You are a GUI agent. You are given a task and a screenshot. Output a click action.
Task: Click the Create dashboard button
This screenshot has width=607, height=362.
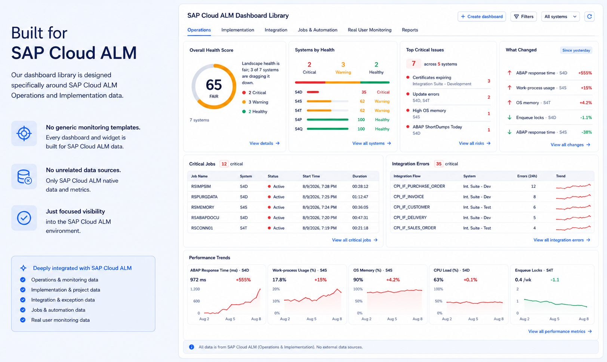481,16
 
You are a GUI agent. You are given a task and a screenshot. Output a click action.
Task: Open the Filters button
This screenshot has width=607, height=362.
524,16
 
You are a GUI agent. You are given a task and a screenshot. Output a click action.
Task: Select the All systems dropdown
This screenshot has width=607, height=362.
560,16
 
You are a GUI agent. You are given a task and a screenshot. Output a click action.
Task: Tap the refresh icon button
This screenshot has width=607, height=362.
589,16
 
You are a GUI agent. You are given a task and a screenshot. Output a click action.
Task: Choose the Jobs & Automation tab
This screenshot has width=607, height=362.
318,30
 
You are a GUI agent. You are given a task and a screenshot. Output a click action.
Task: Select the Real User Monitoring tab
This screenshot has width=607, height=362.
370,30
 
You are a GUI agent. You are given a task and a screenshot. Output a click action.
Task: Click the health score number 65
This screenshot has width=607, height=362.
214,85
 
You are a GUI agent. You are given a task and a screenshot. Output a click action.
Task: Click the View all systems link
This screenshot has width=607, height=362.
372,143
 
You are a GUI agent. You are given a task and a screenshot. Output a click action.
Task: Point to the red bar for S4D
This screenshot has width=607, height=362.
313,92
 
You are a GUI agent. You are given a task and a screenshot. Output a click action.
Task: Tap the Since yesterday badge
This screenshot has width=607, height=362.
576,50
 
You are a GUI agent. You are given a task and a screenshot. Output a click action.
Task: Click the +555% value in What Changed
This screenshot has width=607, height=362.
585,73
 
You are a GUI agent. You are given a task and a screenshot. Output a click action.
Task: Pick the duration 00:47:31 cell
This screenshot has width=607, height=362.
360,218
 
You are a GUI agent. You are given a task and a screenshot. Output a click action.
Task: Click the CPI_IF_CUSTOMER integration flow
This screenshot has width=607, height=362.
412,207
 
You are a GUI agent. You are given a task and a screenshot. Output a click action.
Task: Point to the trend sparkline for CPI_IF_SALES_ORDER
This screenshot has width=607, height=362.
573,228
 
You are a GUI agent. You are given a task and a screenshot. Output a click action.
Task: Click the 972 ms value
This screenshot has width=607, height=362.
198,280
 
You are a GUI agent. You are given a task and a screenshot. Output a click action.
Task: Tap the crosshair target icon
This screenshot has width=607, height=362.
24,134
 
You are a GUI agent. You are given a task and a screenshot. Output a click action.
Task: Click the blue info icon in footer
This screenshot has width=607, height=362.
192,347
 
